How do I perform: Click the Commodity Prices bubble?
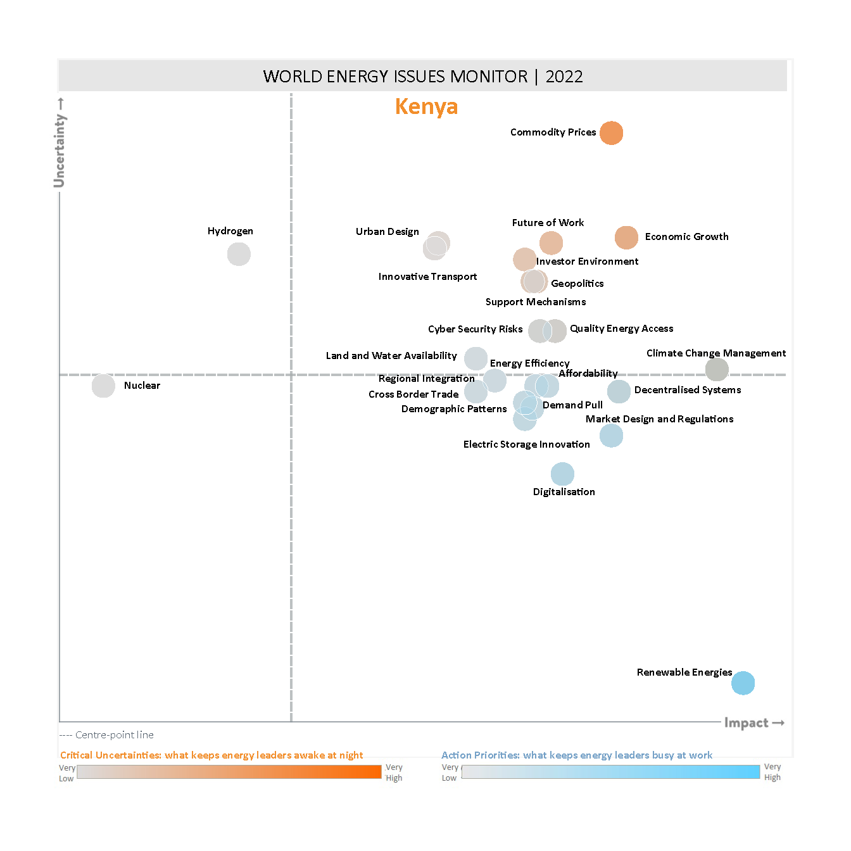(611, 133)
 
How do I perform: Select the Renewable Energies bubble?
(743, 683)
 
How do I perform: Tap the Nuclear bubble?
(103, 386)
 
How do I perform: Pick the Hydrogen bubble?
(239, 255)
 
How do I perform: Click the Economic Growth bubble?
(626, 237)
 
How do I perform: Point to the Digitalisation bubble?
(562, 474)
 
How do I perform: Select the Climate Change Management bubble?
(717, 370)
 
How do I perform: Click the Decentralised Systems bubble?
(619, 391)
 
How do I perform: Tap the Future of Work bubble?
(551, 243)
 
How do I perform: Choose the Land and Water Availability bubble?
(476, 358)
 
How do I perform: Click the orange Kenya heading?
(426, 106)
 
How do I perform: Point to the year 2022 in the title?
(564, 77)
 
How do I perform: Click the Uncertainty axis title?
(60, 150)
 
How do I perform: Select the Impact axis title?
(746, 723)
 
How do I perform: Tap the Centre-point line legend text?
(114, 735)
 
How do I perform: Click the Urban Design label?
(387, 232)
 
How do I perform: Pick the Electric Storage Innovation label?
(526, 444)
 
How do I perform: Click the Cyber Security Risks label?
(475, 329)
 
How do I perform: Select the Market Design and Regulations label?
(659, 419)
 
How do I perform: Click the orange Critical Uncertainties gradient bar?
(229, 772)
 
